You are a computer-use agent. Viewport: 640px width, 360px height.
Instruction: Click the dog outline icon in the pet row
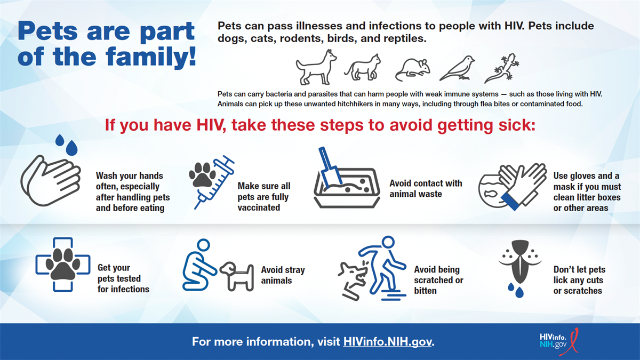(316, 67)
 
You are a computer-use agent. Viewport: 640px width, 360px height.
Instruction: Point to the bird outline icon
(457, 68)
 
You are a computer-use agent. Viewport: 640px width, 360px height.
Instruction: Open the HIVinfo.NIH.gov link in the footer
(388, 341)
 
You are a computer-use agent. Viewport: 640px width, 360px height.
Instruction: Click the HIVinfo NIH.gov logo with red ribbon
(558, 341)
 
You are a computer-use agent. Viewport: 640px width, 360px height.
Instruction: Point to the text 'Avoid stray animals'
(283, 275)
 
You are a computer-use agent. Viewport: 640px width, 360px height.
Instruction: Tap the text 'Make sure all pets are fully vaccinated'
(263, 197)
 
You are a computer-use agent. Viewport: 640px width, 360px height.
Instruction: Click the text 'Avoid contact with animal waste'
(426, 188)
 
